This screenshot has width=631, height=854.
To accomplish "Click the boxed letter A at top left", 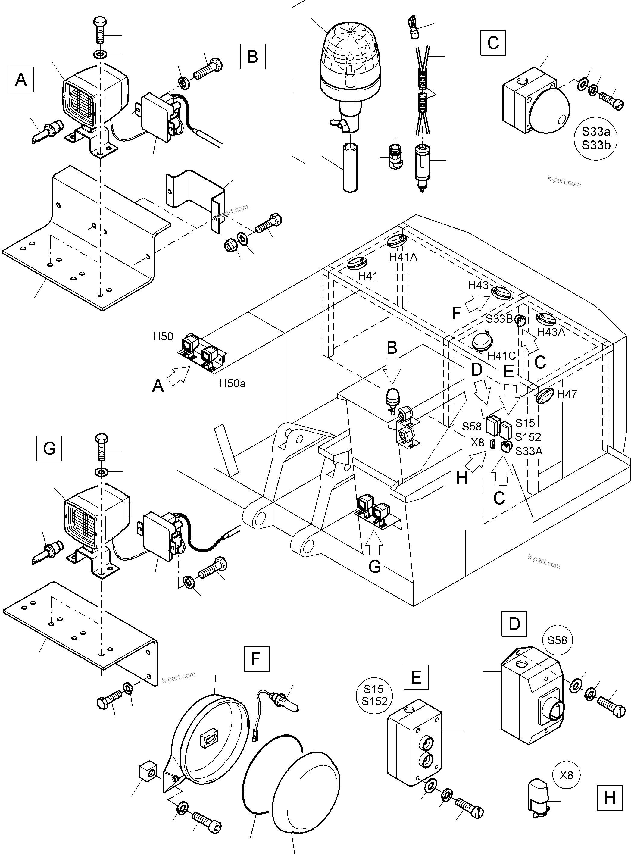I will [x=21, y=80].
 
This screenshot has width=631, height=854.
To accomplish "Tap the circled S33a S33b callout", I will [x=595, y=138].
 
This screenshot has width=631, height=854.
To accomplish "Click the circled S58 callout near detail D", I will [x=557, y=640].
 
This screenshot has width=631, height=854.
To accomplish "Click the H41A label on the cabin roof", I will [x=403, y=257].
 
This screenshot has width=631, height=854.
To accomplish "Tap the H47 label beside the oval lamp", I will [x=567, y=394].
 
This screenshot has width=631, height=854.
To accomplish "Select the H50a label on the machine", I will [x=232, y=383].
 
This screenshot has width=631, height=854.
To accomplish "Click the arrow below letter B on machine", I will [x=392, y=372].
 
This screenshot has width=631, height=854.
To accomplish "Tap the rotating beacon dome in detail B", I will [x=349, y=57].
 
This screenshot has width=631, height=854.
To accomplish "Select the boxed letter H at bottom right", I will [x=609, y=798].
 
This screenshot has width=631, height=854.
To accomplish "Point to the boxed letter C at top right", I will [x=493, y=43].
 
